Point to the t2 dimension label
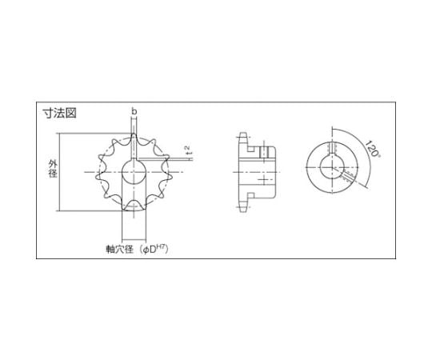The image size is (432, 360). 186,150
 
